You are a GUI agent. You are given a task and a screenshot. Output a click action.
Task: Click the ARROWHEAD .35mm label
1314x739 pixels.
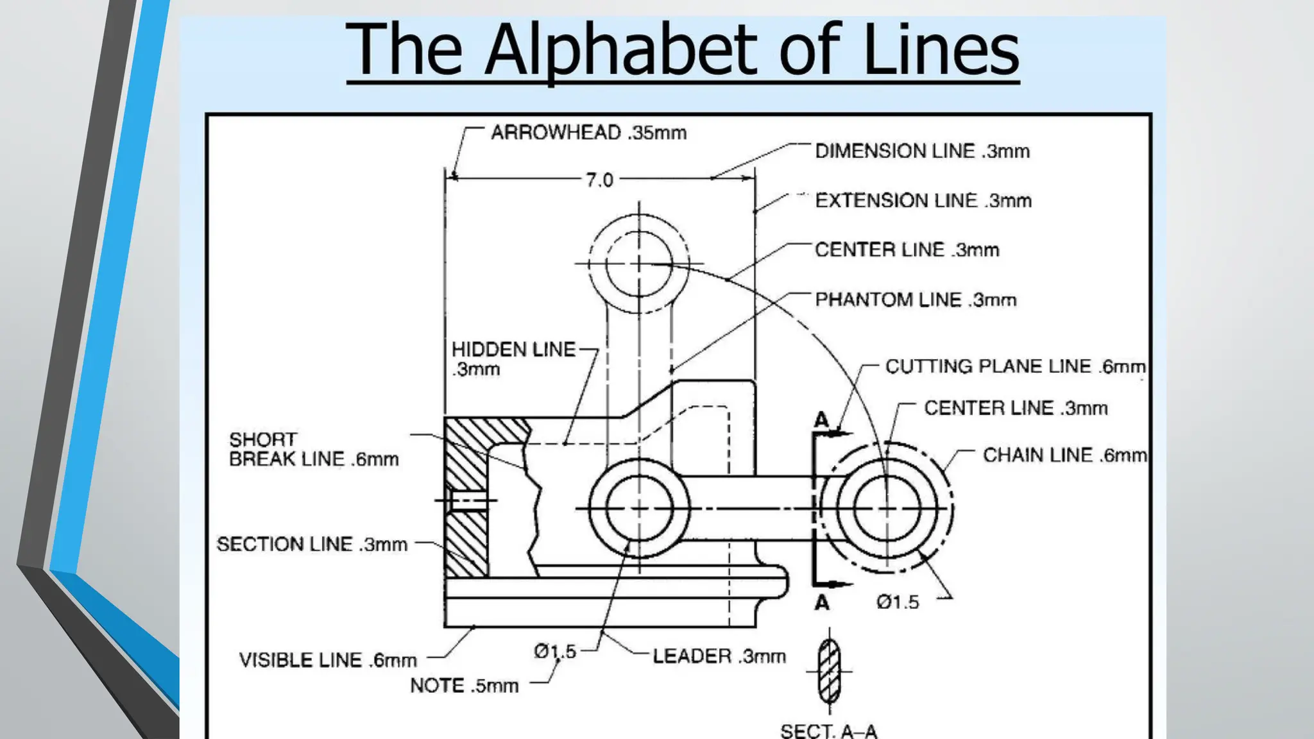(x=588, y=133)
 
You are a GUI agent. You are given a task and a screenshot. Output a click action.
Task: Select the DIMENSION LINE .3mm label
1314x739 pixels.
(x=922, y=151)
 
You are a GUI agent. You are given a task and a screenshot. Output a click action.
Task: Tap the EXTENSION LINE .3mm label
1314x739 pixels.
(x=923, y=201)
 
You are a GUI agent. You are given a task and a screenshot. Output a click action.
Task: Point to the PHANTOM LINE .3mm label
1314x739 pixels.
(x=916, y=300)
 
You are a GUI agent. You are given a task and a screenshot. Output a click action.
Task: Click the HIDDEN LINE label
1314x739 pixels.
(x=513, y=350)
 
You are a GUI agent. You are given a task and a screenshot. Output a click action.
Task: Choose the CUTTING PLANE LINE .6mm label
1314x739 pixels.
(x=1015, y=366)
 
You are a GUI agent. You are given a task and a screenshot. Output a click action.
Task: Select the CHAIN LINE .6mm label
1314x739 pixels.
(x=1064, y=455)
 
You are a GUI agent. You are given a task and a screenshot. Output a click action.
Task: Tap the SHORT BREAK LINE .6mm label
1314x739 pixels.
(x=313, y=450)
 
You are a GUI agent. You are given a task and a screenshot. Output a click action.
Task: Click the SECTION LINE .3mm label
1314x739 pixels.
(x=312, y=545)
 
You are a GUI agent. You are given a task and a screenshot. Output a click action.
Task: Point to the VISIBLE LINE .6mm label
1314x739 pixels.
(x=328, y=660)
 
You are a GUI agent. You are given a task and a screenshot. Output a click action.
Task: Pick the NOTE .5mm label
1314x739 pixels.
(x=464, y=686)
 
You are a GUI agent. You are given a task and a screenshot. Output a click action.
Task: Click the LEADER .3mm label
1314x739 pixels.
(x=719, y=656)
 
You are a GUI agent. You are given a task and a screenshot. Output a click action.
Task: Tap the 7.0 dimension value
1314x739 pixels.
(x=599, y=180)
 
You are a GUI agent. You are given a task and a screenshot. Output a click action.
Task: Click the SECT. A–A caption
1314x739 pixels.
(x=828, y=731)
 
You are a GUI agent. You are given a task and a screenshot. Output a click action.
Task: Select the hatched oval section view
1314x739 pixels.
(x=829, y=672)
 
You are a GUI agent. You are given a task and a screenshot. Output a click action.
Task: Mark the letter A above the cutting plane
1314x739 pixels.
(x=821, y=421)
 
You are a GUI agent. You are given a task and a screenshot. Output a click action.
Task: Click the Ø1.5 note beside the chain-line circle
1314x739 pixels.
(x=898, y=602)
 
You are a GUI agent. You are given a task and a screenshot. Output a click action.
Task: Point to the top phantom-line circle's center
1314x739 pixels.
(x=639, y=263)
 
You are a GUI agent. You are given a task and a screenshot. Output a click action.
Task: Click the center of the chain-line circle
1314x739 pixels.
(x=887, y=509)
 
